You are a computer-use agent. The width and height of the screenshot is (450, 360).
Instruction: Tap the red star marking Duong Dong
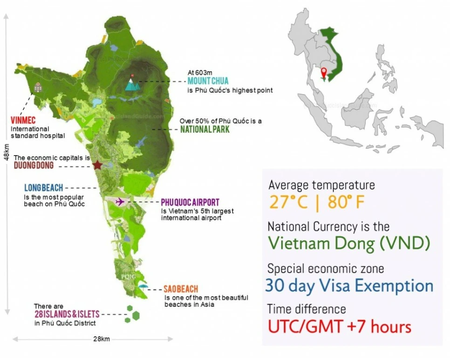click(97, 165)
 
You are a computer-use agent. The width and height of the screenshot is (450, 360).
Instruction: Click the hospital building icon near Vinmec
click(38, 87)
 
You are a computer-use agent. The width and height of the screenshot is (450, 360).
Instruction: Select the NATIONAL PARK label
click(205, 129)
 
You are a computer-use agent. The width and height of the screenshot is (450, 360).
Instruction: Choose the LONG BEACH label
click(43, 188)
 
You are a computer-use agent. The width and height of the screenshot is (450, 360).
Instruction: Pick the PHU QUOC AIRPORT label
click(190, 203)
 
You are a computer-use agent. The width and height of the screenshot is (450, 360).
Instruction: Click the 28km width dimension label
click(102, 339)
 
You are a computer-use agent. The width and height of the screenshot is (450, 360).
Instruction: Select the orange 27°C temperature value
click(286, 203)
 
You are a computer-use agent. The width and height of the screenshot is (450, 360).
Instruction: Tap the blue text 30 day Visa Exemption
click(349, 285)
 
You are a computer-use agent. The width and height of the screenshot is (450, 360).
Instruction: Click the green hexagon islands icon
click(132, 313)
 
